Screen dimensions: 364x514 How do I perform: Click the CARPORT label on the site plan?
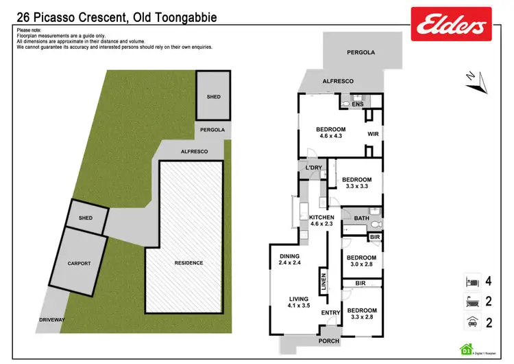tap(79, 263)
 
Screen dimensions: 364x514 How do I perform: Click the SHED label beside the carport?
tap(86, 218)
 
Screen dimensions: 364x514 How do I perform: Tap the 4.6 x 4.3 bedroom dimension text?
tap(330, 137)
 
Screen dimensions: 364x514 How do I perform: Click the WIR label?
tap(373, 134)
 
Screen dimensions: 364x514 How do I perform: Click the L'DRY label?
tap(314, 168)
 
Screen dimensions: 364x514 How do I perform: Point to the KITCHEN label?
tap(321, 217)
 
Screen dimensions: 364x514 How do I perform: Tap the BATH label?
tap(361, 218)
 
